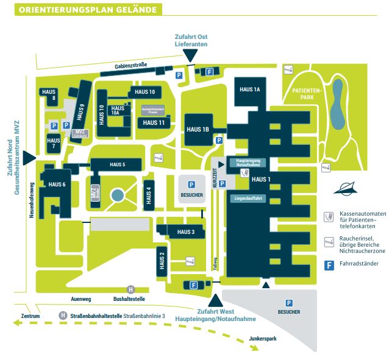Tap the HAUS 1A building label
point(250,90)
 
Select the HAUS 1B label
point(198,129)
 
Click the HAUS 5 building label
point(118,164)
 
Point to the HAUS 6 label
point(57,185)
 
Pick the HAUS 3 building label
point(186,232)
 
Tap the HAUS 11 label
point(154,122)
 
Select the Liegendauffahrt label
point(248,198)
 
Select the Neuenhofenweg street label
point(30,200)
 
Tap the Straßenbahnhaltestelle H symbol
point(63,316)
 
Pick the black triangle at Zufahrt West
point(215,301)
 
